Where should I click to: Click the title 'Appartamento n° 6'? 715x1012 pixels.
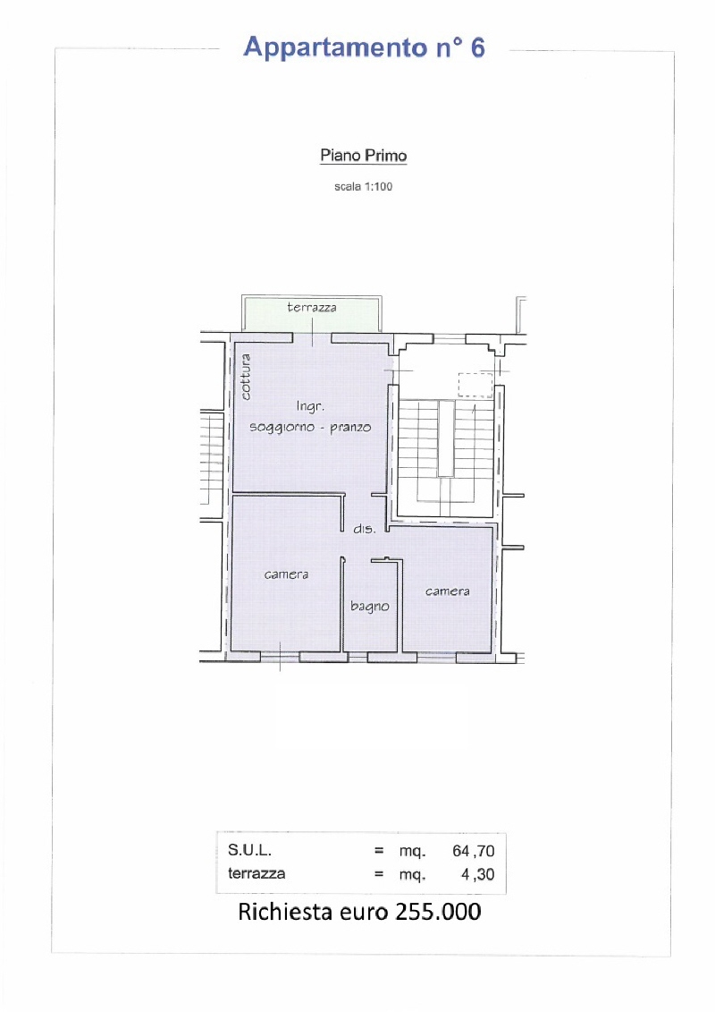coord(365,48)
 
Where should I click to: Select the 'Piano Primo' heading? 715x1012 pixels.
coord(364,156)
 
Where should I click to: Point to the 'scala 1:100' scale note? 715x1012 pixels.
coord(363,186)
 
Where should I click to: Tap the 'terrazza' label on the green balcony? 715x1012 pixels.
coord(312,307)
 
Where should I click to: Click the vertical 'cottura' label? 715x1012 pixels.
coord(245,377)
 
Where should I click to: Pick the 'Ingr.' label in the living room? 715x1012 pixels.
coord(310,406)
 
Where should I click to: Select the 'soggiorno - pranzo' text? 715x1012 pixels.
coord(310,428)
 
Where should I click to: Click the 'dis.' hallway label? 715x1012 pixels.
coord(365,529)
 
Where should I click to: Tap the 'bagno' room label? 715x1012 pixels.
coord(370,606)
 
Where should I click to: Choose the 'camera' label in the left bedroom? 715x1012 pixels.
coord(286,574)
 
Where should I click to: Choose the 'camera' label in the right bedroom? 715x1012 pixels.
coord(448,591)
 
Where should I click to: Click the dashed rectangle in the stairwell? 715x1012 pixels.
coord(475,385)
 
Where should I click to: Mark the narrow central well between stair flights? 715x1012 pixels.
coord(445,438)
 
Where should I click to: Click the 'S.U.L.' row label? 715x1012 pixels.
coord(249,851)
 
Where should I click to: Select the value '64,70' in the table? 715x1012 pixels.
coord(473,851)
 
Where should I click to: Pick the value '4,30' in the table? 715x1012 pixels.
coord(478,874)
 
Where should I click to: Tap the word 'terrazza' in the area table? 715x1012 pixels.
coord(257,874)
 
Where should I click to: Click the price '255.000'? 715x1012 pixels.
coord(439,912)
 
